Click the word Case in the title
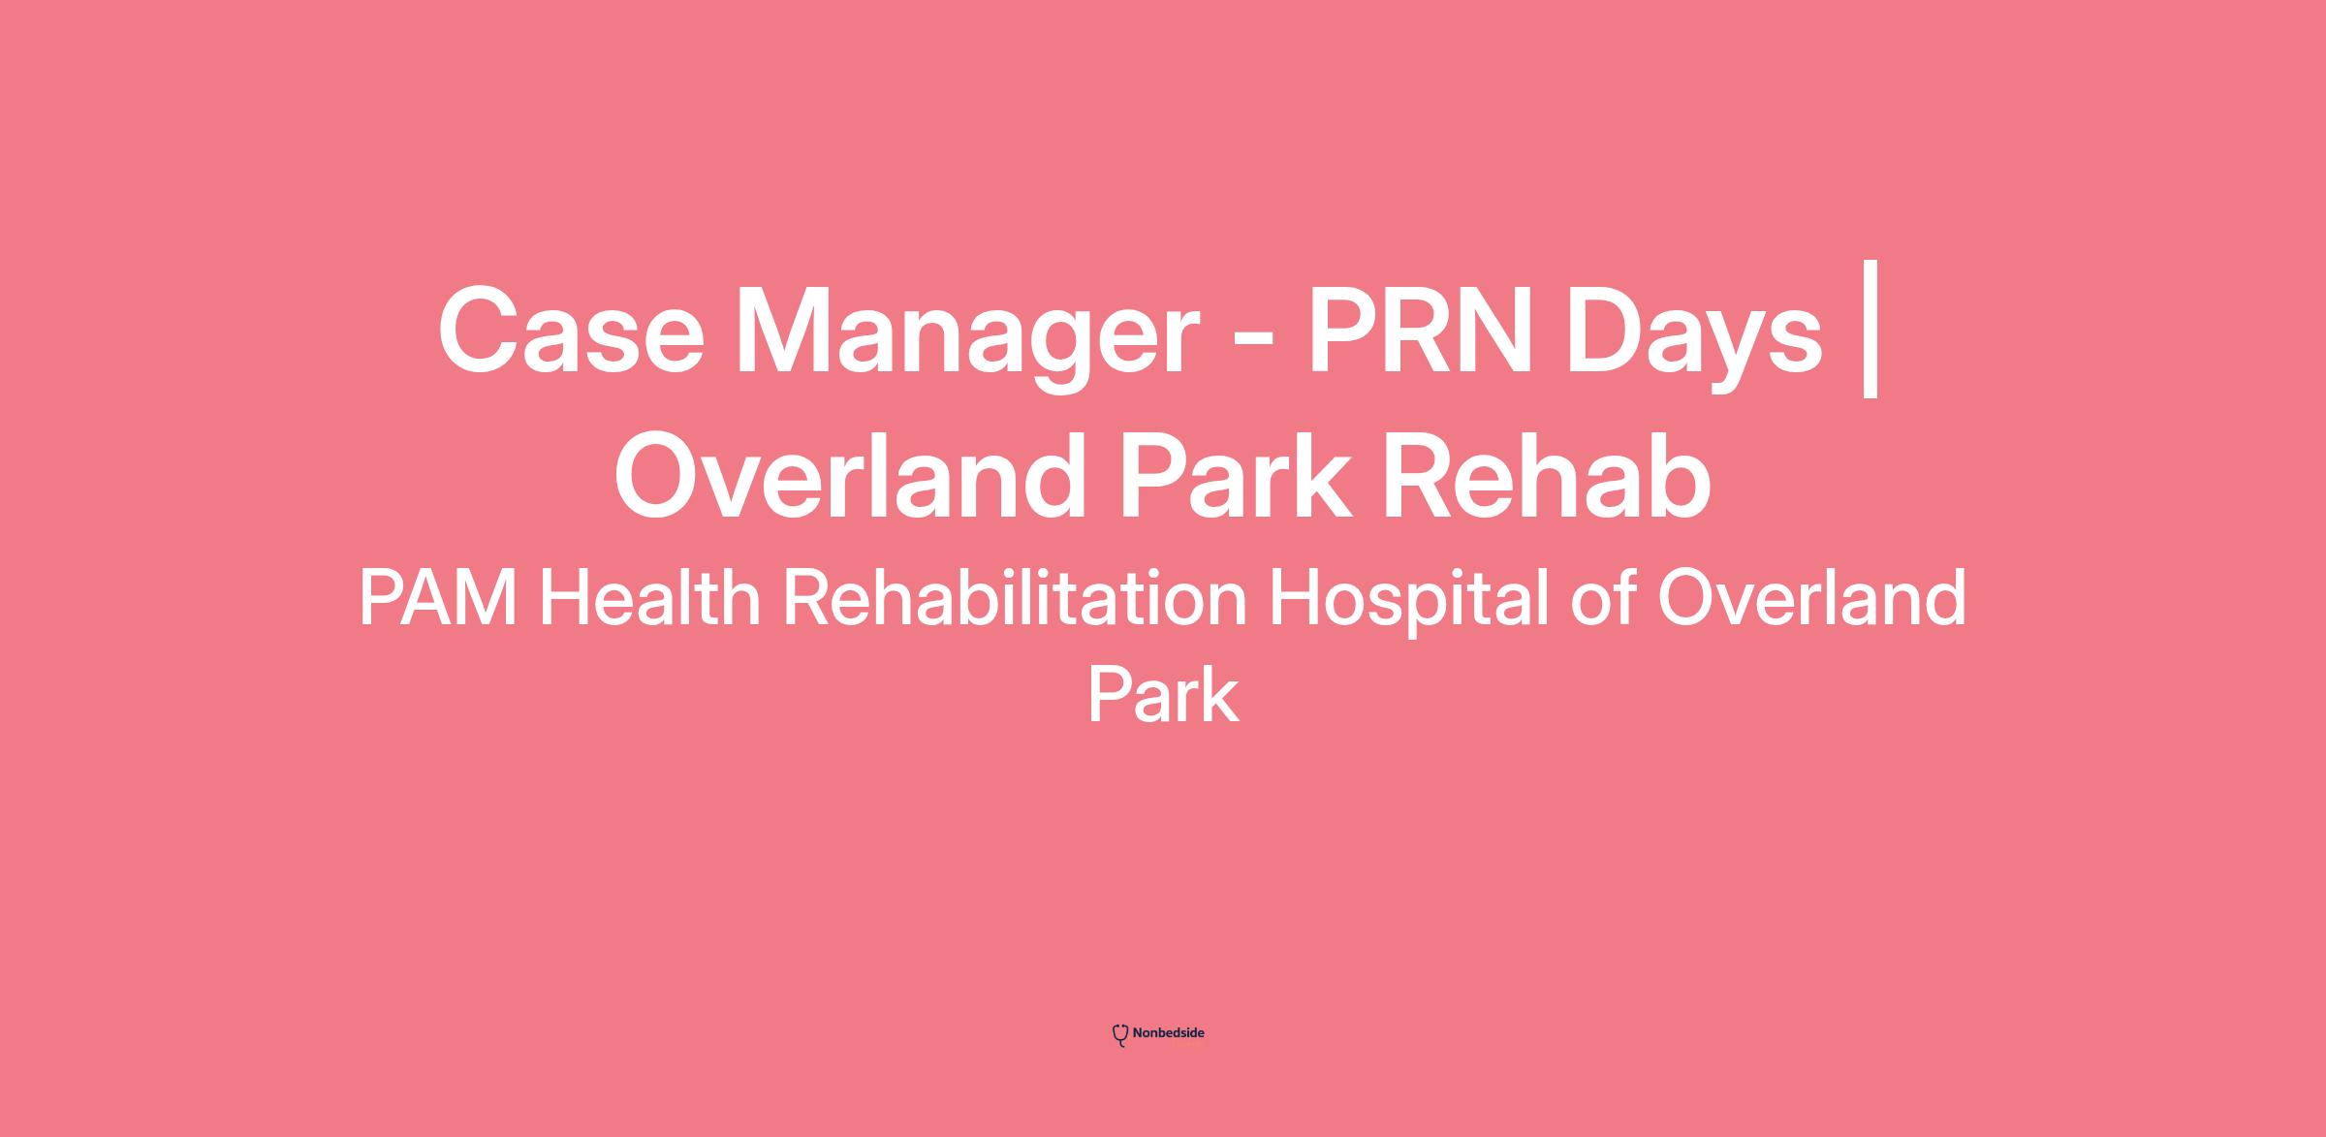pos(572,330)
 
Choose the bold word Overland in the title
pos(850,476)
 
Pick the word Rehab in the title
pos(1547,476)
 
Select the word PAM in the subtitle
pos(438,599)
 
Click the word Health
pos(650,598)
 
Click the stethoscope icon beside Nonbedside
pos(1120,1035)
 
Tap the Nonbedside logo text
pos(1168,1033)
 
